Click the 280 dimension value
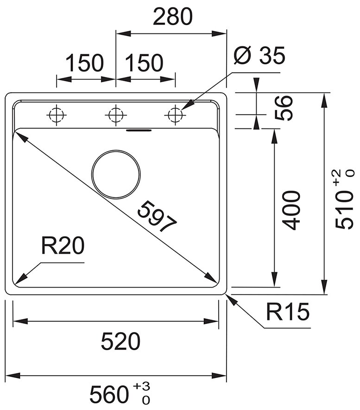(172, 17)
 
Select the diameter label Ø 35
(259, 57)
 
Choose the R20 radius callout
(63, 246)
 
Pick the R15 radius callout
(287, 313)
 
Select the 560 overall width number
(109, 395)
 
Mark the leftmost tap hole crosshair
(56, 114)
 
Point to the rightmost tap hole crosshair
(175, 114)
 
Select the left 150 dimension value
(84, 63)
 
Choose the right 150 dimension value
(144, 63)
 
